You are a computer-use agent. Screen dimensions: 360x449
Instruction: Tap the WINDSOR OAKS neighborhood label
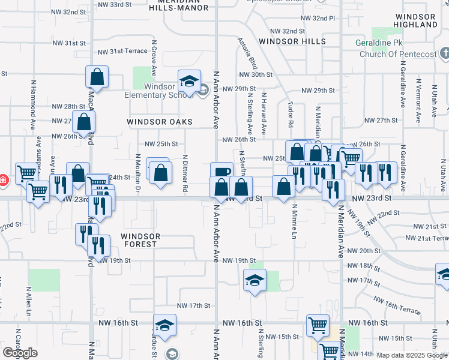pyautogui.click(x=160, y=122)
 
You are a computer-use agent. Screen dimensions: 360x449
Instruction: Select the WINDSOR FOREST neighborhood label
pyautogui.click(x=140, y=240)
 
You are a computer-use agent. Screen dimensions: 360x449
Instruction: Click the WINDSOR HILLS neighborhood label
pyautogui.click(x=292, y=42)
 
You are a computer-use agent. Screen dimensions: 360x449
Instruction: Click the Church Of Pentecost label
pyautogui.click(x=398, y=55)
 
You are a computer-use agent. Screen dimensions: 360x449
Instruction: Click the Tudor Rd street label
pyautogui.click(x=290, y=115)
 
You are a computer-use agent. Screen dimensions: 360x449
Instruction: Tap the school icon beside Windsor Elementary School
pyautogui.click(x=188, y=81)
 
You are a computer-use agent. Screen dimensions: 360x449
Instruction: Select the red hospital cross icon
pyautogui.click(x=3, y=179)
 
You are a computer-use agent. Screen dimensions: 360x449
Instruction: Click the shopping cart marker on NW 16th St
pyautogui.click(x=318, y=326)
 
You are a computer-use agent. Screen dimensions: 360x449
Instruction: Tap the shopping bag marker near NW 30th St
pyautogui.click(x=97, y=76)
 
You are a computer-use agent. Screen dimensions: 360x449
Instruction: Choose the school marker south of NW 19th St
pyautogui.click(x=255, y=280)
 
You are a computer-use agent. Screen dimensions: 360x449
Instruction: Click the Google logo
pyautogui.click(x=19, y=353)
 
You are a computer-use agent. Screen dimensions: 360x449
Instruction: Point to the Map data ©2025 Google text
pyautogui.click(x=412, y=355)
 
